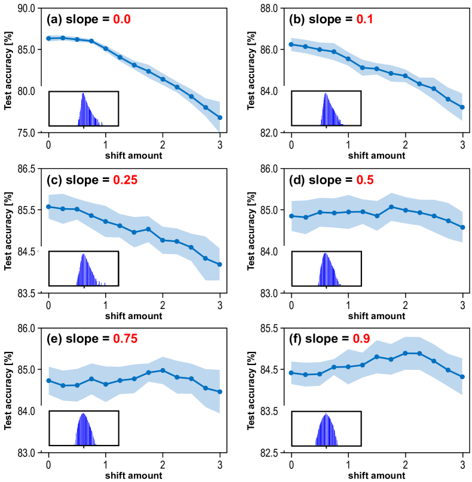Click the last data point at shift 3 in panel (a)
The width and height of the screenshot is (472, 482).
(220, 118)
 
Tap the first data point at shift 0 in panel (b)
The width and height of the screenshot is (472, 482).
(291, 44)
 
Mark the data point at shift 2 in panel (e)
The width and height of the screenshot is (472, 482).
(163, 370)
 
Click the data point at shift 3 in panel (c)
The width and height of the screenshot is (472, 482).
(220, 264)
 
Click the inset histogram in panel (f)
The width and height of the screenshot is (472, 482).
(326, 428)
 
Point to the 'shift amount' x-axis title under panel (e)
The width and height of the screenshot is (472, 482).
(134, 475)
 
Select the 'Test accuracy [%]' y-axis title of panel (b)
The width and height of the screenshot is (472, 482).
(250, 70)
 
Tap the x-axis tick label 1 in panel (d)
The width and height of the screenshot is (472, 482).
(348, 305)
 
